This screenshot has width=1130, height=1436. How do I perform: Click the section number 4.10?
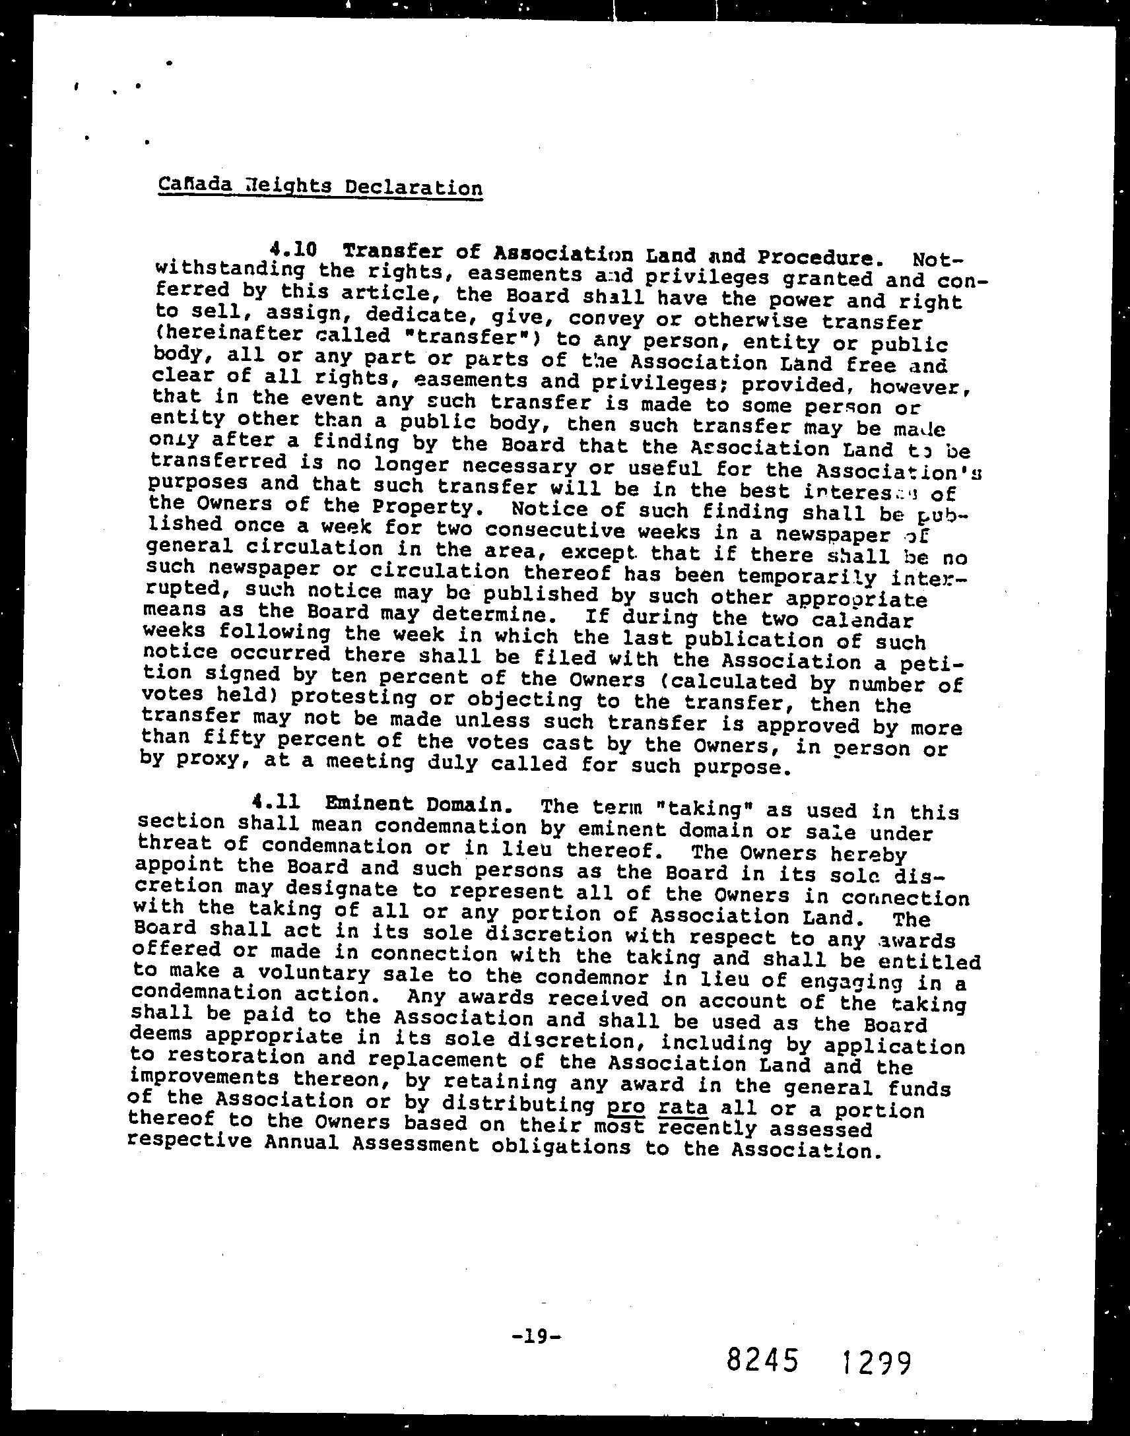coord(293,251)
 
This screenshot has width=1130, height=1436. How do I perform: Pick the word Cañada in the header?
coord(195,185)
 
